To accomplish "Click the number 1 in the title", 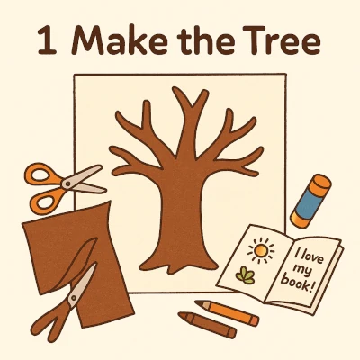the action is tap(47, 40).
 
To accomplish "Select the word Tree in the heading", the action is tap(282, 40).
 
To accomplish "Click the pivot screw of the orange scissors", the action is tap(67, 183).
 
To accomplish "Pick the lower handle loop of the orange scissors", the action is tap(44, 201).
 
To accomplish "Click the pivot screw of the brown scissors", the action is tap(73, 298).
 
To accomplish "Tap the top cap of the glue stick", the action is tap(320, 183).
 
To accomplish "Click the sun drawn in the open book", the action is tap(261, 249).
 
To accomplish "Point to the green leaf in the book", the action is tap(245, 275).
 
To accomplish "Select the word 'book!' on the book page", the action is tap(298, 283).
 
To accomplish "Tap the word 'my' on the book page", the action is tap(302, 270).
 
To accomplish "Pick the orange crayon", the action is tap(227, 312).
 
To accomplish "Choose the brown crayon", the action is tap(207, 325).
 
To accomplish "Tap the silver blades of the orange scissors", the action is tap(86, 180).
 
